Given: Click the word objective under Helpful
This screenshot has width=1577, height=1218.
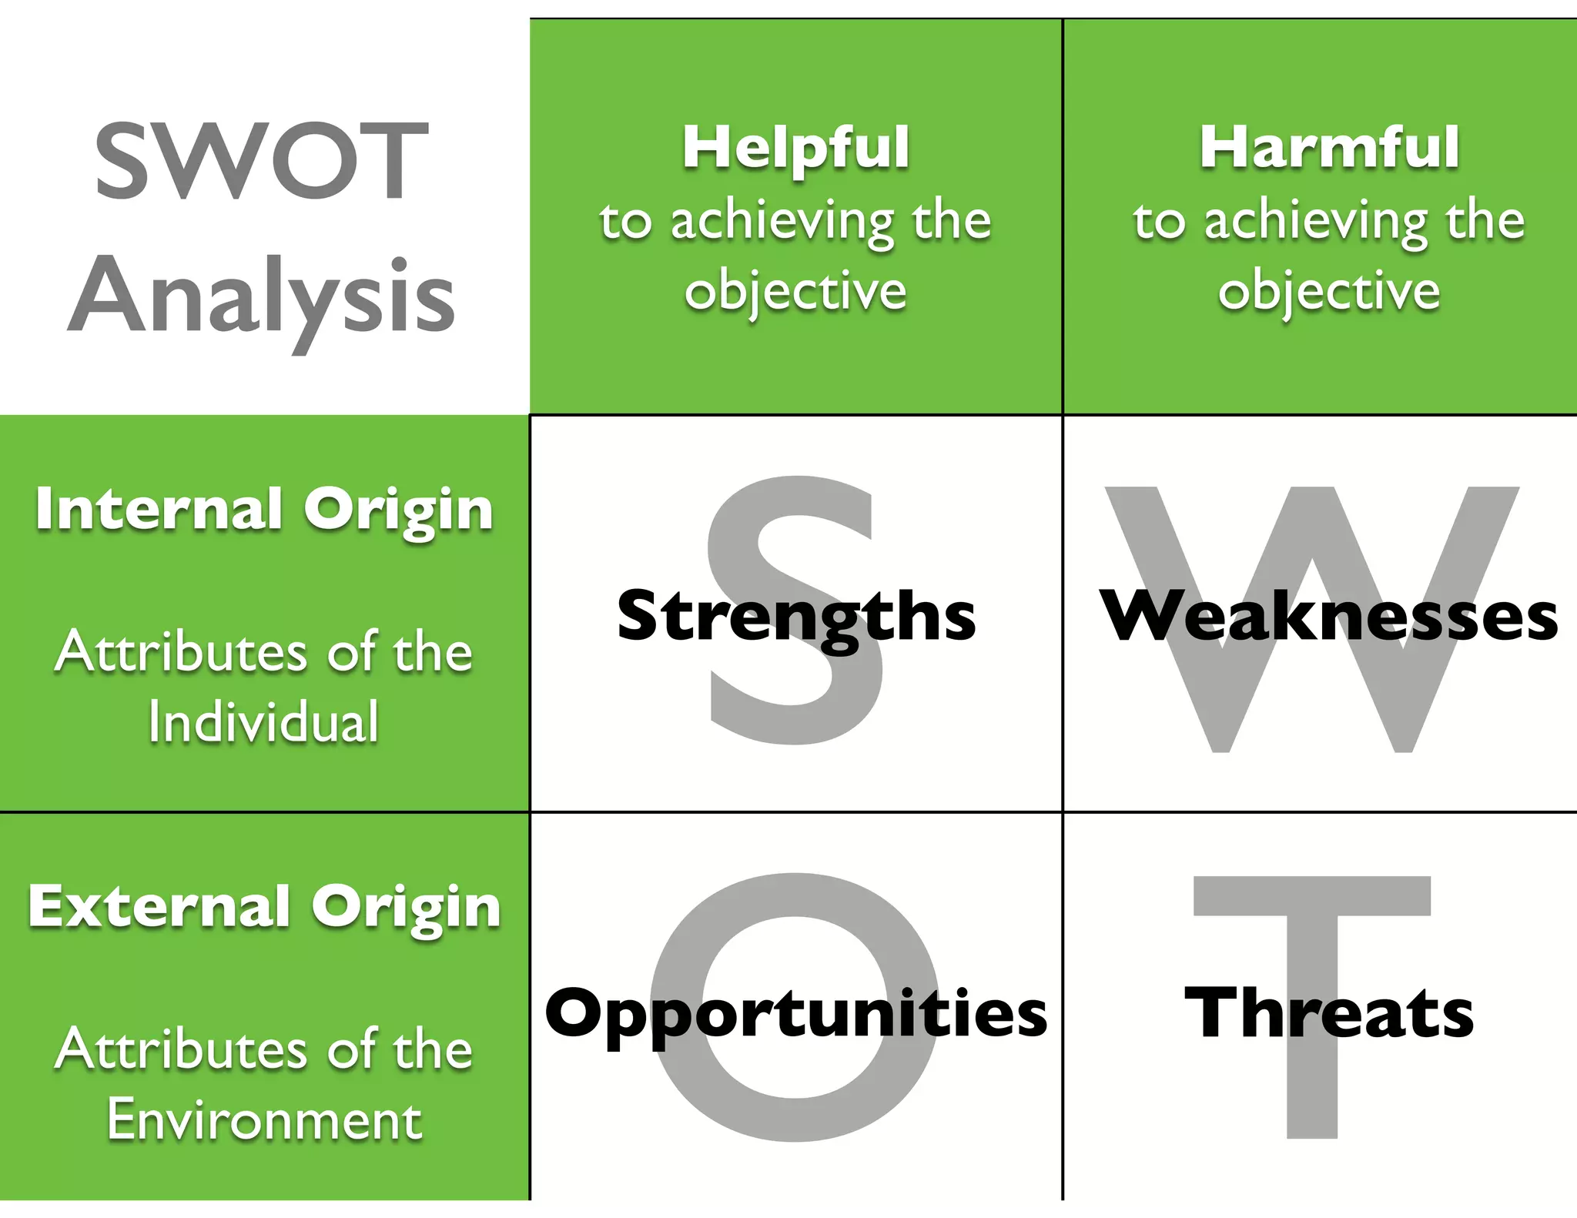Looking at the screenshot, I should pyautogui.click(x=795, y=291).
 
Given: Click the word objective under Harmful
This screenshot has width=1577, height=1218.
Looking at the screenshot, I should pyautogui.click(x=1329, y=291).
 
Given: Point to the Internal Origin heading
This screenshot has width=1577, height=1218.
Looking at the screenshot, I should pyautogui.click(x=264, y=510).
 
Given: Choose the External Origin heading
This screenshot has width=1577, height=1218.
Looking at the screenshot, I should pyautogui.click(x=264, y=906).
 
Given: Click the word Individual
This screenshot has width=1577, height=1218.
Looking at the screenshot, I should pyautogui.click(x=264, y=722).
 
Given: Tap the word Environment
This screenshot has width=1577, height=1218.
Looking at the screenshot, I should pyautogui.click(x=264, y=1119).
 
